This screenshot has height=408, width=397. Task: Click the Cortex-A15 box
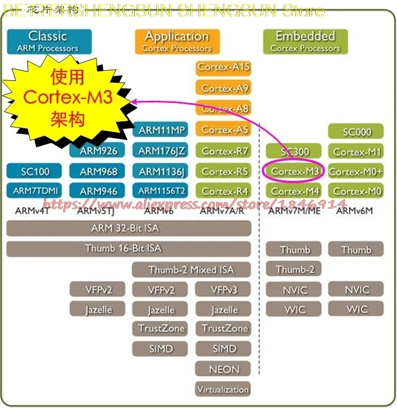(x=223, y=68)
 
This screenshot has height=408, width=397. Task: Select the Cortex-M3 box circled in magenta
(x=294, y=172)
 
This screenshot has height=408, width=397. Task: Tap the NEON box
(x=223, y=369)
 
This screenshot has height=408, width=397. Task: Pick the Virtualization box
(x=223, y=389)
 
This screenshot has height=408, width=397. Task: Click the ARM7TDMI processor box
(x=35, y=191)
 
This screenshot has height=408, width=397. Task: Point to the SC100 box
(x=35, y=172)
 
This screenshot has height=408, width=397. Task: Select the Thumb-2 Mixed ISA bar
(x=191, y=270)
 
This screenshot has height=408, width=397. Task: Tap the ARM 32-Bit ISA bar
(x=128, y=228)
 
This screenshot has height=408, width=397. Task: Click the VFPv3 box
(x=223, y=290)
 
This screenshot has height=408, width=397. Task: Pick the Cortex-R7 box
(x=223, y=151)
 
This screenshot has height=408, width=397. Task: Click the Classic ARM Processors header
(x=49, y=42)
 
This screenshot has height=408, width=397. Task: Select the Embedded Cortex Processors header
(x=305, y=42)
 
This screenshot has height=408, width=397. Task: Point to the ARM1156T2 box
(x=161, y=191)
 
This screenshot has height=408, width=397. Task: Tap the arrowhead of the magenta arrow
(x=134, y=101)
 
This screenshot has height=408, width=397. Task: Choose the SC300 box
(x=294, y=151)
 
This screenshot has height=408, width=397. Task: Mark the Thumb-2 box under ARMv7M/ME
(x=294, y=270)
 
